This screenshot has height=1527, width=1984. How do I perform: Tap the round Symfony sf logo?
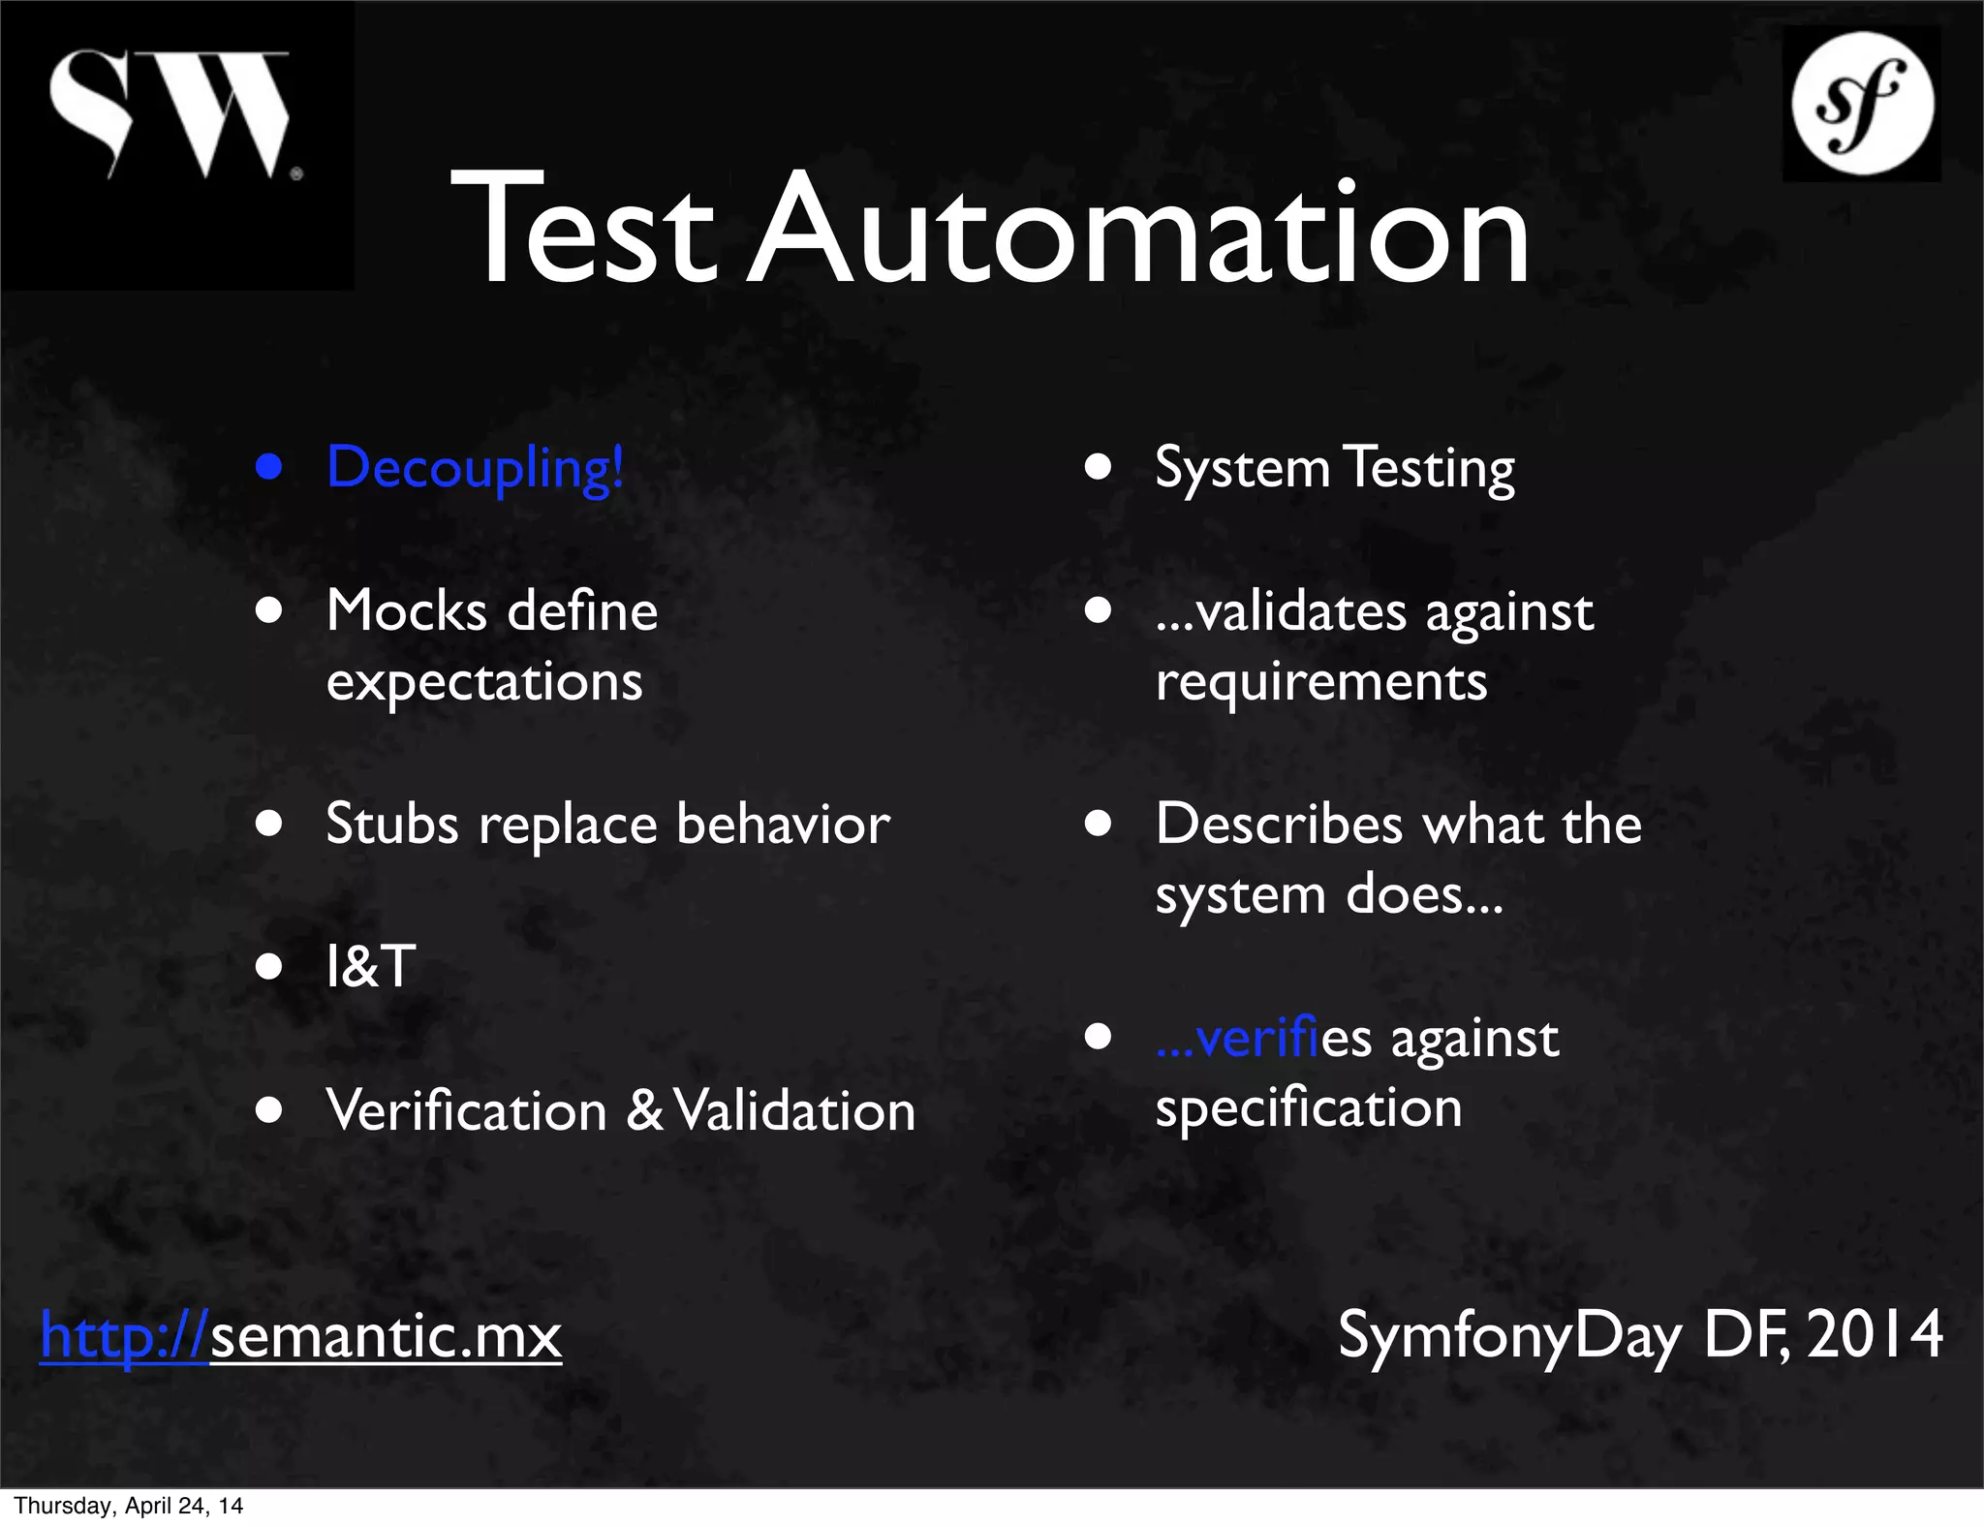click(1862, 104)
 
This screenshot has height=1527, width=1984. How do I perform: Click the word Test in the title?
click(583, 229)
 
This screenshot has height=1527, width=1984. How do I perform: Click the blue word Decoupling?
click(475, 469)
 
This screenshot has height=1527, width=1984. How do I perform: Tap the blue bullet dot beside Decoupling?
click(268, 467)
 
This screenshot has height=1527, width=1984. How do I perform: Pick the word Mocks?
click(407, 611)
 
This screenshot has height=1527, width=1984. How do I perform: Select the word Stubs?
click(392, 825)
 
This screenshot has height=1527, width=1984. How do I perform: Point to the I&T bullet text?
click(371, 967)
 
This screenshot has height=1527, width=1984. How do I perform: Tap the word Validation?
click(794, 1110)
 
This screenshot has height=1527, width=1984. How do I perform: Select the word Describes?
click(1279, 825)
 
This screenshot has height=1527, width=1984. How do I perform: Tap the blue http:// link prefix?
click(124, 1336)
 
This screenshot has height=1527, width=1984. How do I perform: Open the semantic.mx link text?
click(386, 1336)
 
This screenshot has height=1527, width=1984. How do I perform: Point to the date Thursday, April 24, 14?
click(128, 1506)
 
